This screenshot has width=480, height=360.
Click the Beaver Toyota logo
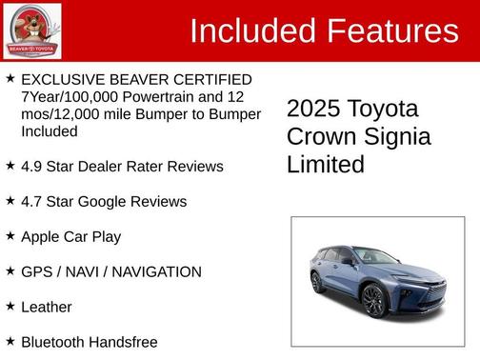click(31, 30)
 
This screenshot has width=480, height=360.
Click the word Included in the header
click(253, 31)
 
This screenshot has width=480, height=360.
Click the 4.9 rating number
click(32, 167)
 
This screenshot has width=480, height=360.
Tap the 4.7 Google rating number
click(32, 202)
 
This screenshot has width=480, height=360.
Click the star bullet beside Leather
click(10, 306)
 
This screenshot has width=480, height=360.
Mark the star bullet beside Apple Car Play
click(10, 235)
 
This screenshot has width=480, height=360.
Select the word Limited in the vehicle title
click(325, 165)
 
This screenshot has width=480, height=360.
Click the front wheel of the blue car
click(373, 300)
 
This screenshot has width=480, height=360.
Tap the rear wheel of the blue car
click(318, 282)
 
